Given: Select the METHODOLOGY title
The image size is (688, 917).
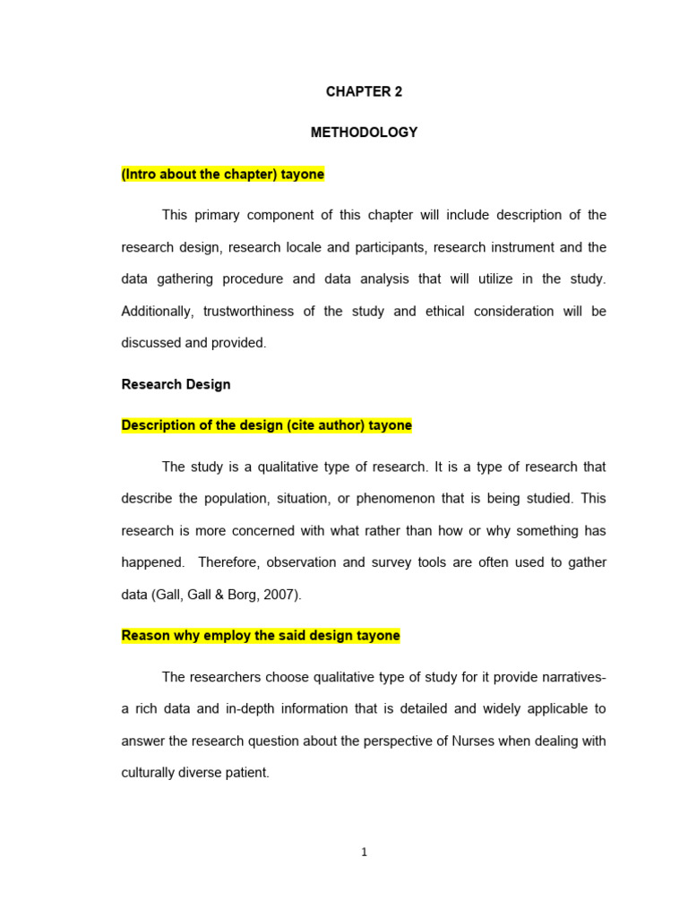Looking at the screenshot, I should (x=364, y=133).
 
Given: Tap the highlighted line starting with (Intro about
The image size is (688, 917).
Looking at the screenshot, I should (x=222, y=175).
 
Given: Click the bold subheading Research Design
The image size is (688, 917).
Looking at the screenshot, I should (x=176, y=384).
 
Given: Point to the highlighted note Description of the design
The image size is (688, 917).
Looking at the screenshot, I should (x=266, y=425).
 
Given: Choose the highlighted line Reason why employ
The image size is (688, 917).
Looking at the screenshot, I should (x=261, y=636).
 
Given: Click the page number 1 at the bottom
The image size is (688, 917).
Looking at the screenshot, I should (x=364, y=853).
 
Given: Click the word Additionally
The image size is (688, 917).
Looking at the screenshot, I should (x=158, y=311).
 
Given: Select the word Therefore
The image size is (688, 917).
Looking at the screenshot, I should (x=229, y=562).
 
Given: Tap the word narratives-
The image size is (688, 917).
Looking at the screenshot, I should (x=574, y=677).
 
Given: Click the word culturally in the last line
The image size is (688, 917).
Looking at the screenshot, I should (x=150, y=772).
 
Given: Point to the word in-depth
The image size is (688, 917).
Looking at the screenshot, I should (x=257, y=708).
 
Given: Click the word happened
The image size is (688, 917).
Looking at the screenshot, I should (x=153, y=562).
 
